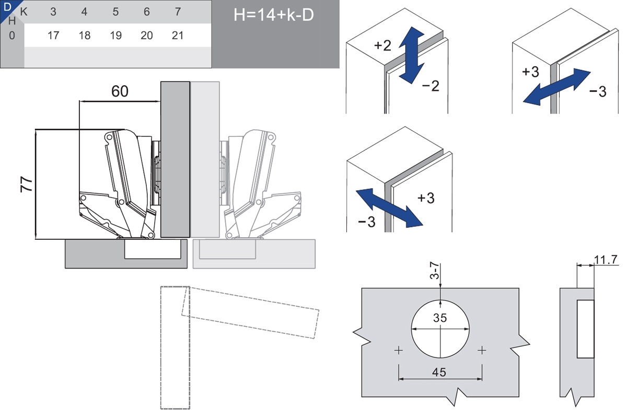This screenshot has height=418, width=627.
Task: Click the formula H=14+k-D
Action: pyautogui.click(x=274, y=15)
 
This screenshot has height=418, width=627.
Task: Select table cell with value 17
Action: pyautogui.click(x=53, y=36)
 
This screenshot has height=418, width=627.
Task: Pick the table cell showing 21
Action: pyautogui.click(x=178, y=36)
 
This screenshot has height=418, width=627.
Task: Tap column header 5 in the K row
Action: pyautogui.click(x=115, y=12)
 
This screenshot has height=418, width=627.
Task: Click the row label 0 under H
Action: pyautogui.click(x=12, y=36)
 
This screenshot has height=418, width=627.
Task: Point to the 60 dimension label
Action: pyautogui.click(x=120, y=91)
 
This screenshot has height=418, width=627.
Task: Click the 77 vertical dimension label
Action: pyautogui.click(x=27, y=185)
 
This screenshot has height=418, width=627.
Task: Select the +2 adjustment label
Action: pyautogui.click(x=382, y=45)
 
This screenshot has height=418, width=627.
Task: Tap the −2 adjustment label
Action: pyautogui.click(x=431, y=86)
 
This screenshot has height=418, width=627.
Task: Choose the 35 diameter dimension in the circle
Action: pyautogui.click(x=440, y=318)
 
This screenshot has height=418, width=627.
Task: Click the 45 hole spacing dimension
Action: pyautogui.click(x=440, y=372)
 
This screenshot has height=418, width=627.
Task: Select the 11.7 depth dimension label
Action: pyautogui.click(x=606, y=259)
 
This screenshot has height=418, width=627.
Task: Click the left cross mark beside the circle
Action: pyautogui.click(x=399, y=350)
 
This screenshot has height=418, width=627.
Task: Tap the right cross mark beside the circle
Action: pyautogui.click(x=482, y=350)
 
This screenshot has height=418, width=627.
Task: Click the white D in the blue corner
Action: pyautogui.click(x=7, y=7)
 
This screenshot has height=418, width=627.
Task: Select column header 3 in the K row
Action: pyautogui.click(x=53, y=12)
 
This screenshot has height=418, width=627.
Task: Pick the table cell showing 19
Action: pyautogui.click(x=115, y=36)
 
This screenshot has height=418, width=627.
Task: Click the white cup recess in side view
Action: pyautogui.click(x=585, y=329)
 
